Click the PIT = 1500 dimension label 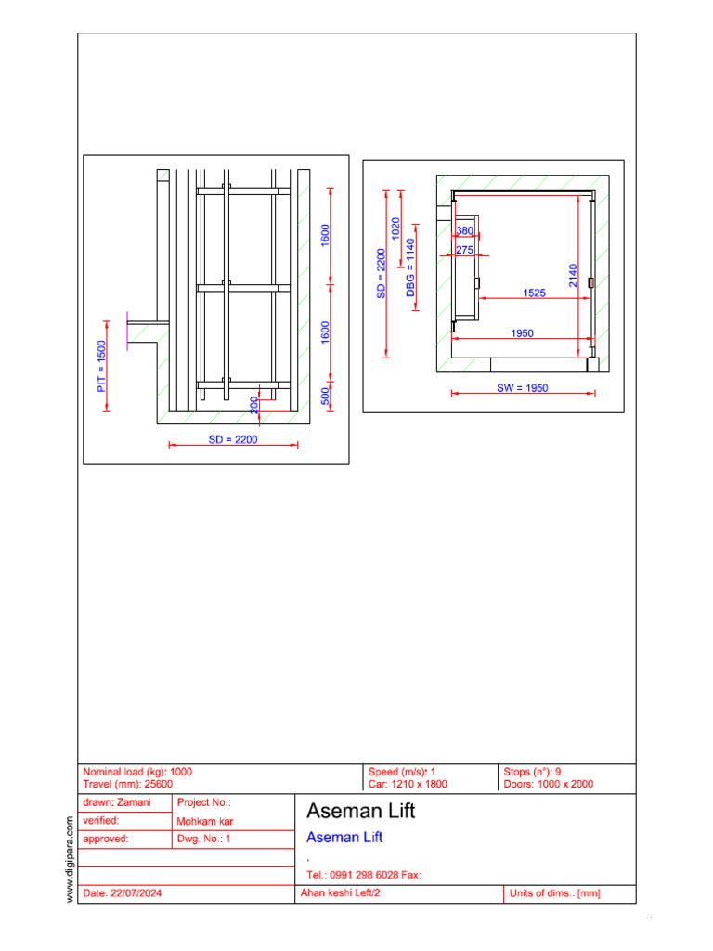[102, 367]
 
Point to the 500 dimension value [326, 397]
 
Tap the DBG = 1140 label [410, 267]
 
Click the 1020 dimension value [396, 229]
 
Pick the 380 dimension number [465, 230]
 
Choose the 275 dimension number [465, 250]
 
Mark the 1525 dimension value [534, 293]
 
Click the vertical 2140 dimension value [574, 276]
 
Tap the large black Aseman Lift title [361, 811]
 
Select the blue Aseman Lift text [344, 838]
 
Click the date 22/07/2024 [123, 893]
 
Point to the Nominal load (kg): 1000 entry [137, 772]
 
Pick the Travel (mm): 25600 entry [128, 784]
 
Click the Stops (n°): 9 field [532, 772]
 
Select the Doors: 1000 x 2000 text [548, 784]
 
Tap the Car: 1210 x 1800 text [408, 784]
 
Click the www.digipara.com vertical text [71, 858]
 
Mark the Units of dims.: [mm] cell [555, 893]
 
